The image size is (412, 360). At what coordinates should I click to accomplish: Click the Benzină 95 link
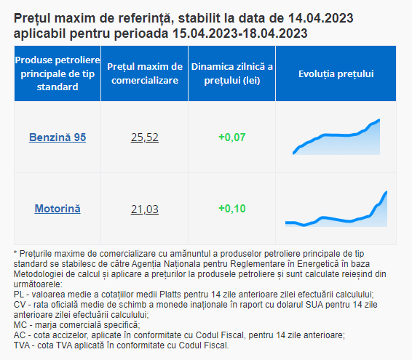point(58,137)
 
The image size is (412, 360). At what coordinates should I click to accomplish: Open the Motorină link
point(58,209)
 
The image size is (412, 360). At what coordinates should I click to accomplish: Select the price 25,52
point(145,137)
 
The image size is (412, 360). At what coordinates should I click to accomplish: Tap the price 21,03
point(145,209)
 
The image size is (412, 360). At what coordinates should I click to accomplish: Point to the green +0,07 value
point(232,137)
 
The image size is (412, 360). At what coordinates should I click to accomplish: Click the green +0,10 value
point(232,209)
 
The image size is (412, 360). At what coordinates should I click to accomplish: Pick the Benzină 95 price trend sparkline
point(336,137)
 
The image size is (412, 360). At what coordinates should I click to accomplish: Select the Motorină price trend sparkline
point(336,209)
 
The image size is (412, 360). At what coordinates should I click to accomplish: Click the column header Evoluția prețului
point(336,73)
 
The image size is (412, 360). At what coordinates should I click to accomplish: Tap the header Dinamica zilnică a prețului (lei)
point(232,73)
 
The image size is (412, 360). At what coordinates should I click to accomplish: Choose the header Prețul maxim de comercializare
point(145,73)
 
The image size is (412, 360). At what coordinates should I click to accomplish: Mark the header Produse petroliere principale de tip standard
point(58,73)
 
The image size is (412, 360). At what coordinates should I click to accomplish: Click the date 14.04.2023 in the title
point(320,18)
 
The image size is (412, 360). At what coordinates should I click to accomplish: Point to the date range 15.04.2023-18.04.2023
point(240,33)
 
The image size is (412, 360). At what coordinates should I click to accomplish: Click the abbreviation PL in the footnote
point(19,295)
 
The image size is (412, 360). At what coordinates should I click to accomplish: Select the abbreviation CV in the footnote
point(20,305)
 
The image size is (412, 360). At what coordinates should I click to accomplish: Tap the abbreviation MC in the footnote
point(20,325)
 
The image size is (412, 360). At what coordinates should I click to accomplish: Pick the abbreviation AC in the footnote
point(20,335)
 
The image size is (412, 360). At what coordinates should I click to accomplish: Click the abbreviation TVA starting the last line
point(22,345)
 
